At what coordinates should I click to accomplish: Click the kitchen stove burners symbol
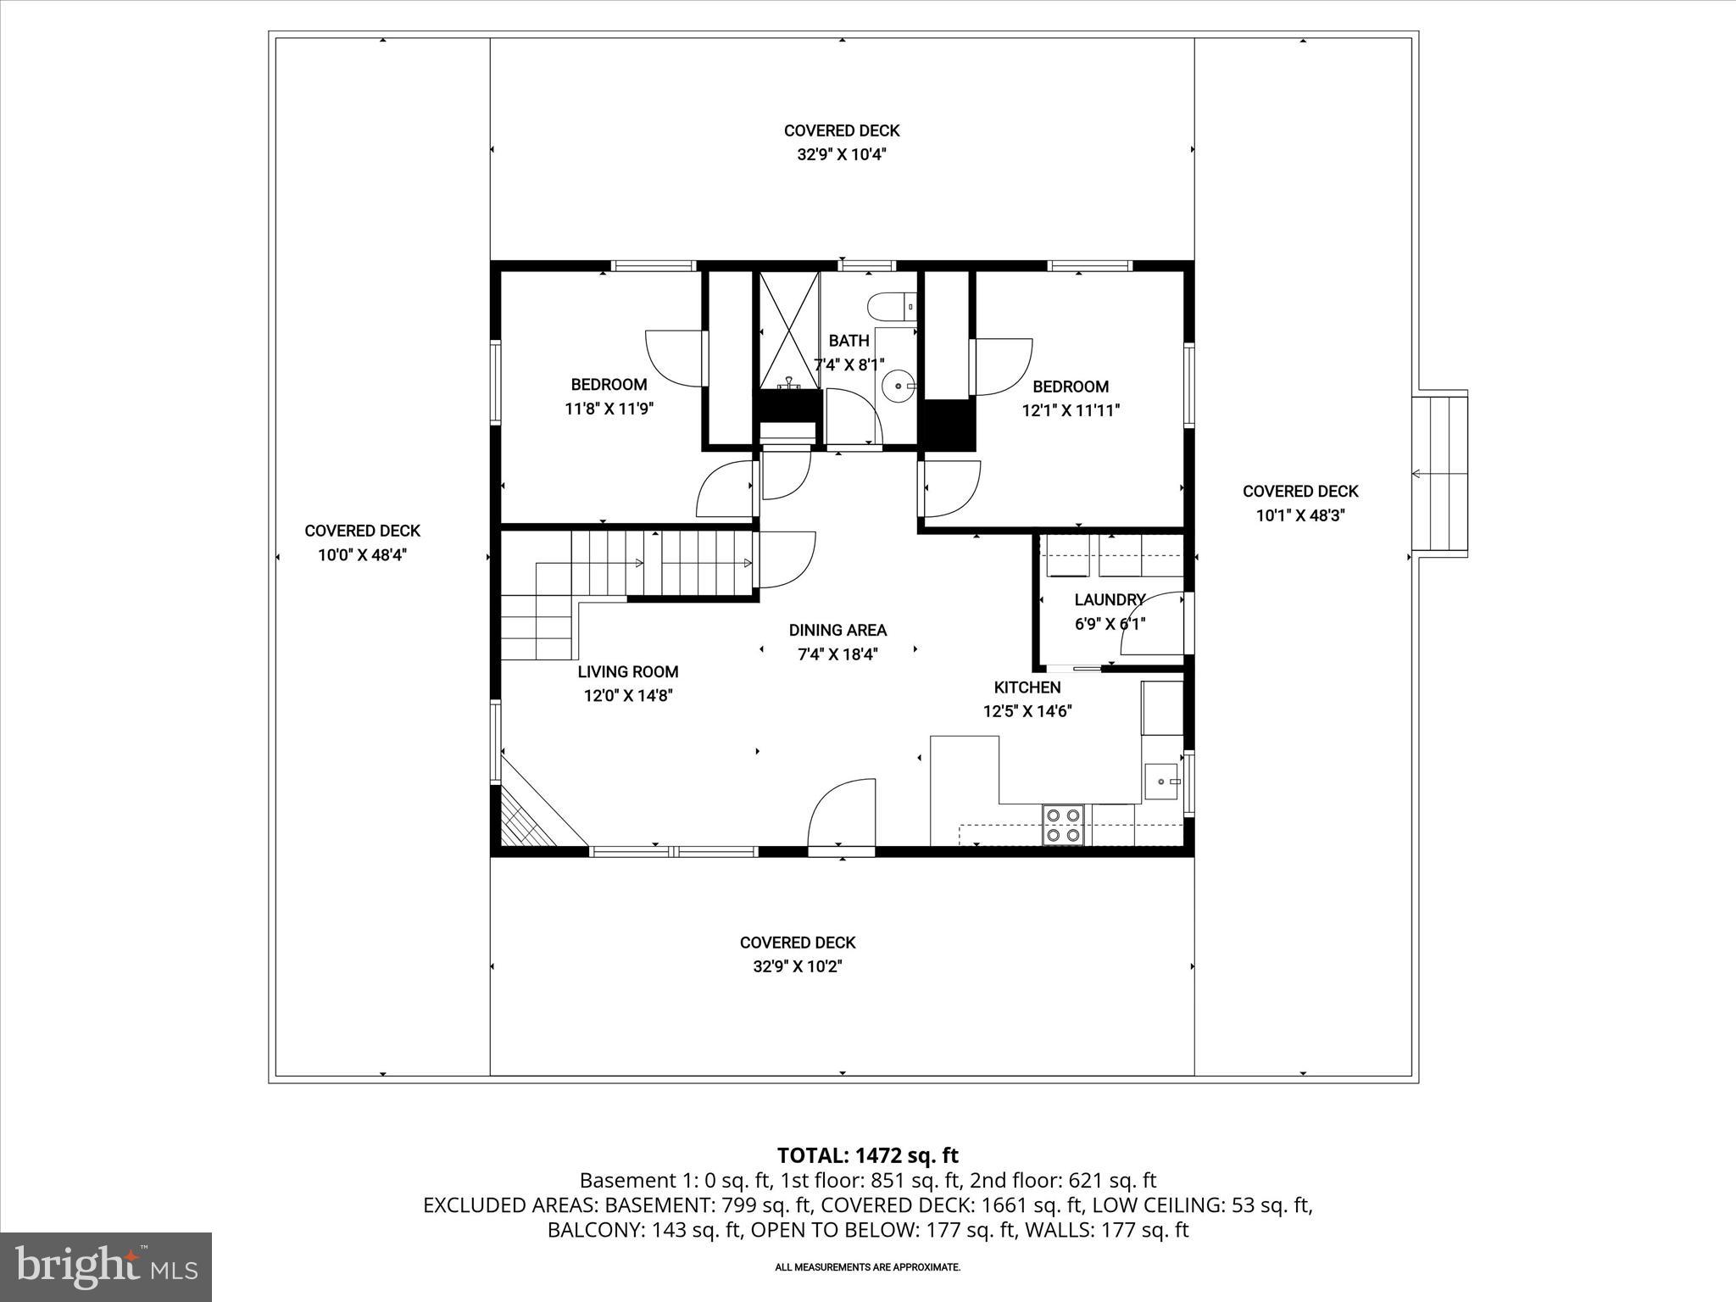coord(1063,825)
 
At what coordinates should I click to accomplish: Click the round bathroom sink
coord(898,387)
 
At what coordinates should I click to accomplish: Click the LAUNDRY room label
coord(1110,600)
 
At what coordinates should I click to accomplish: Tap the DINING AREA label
coord(837,630)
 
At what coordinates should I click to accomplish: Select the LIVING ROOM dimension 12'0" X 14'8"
coord(627,696)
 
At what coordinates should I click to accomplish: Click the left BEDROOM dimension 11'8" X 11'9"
coord(609,409)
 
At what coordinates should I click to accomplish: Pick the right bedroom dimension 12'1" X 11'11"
coord(1071,411)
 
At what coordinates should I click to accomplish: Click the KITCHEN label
coord(1027,687)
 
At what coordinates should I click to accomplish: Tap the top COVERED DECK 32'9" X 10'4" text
coord(842,142)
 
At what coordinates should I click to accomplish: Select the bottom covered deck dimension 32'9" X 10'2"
coord(797,966)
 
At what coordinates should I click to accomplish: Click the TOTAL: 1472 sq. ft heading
coord(867,1155)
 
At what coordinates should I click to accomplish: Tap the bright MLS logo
coord(106,1267)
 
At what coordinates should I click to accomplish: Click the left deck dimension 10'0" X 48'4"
coord(362,555)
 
